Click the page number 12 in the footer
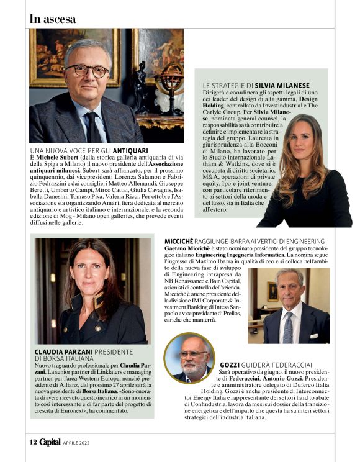click(x=33, y=442)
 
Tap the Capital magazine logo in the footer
click(x=50, y=442)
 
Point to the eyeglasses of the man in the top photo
click(x=87, y=70)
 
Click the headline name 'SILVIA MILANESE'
click(x=283, y=85)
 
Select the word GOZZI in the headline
click(x=232, y=364)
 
